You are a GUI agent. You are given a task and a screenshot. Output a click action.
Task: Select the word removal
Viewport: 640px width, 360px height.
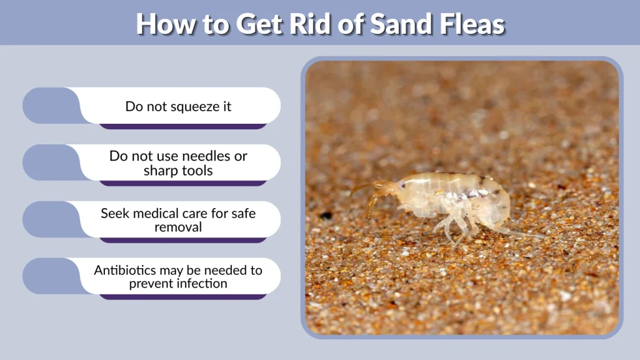(178, 227)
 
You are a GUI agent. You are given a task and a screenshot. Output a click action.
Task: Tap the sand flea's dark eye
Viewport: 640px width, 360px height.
(401, 185)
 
